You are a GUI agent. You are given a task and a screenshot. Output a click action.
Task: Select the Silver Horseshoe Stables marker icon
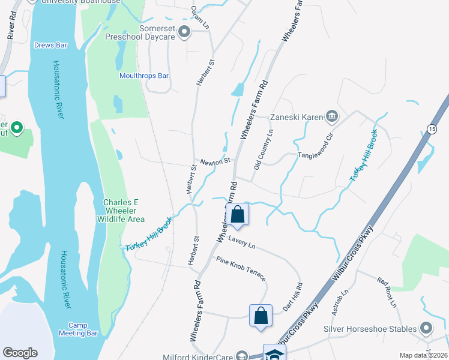tap(426, 328)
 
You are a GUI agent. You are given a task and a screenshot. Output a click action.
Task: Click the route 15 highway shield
tap(431, 129)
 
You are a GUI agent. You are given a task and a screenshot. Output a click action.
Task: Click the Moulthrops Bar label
tap(144, 76)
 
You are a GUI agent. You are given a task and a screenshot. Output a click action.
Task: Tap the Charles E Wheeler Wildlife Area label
tap(124, 211)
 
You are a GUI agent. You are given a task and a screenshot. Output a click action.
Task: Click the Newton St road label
tap(215, 161)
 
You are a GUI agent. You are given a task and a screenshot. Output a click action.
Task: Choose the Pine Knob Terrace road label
tap(241, 268)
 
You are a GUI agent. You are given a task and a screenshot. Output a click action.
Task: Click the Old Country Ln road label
tap(263, 148)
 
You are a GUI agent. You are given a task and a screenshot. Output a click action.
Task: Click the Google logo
tap(20, 353)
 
